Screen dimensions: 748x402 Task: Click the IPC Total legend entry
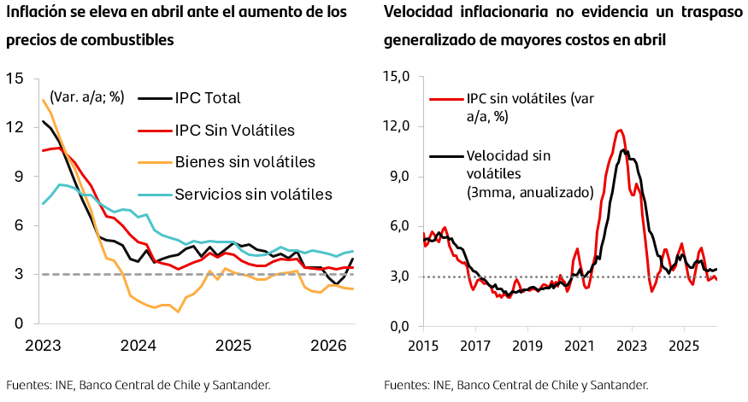tap(190, 98)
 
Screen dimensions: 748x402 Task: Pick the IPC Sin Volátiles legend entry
tap(216, 130)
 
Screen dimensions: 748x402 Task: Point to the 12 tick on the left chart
tap(15, 127)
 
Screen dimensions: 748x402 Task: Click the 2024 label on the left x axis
tap(138, 346)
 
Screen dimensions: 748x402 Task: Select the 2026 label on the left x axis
tap(328, 346)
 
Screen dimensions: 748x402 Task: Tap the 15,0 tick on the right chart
tap(397, 76)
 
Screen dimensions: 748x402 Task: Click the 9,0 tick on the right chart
tap(400, 176)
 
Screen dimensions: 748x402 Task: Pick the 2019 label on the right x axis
tap(527, 346)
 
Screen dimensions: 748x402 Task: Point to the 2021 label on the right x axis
tap(580, 346)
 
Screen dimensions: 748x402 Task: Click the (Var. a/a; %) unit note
tap(87, 97)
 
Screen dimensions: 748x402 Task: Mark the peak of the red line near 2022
tap(620, 130)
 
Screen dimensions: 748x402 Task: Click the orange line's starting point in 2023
tap(43, 100)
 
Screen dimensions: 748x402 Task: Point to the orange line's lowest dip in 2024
tap(179, 312)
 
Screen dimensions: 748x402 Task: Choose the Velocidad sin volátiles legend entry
tap(512, 174)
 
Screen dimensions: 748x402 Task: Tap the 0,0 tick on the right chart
tap(400, 327)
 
